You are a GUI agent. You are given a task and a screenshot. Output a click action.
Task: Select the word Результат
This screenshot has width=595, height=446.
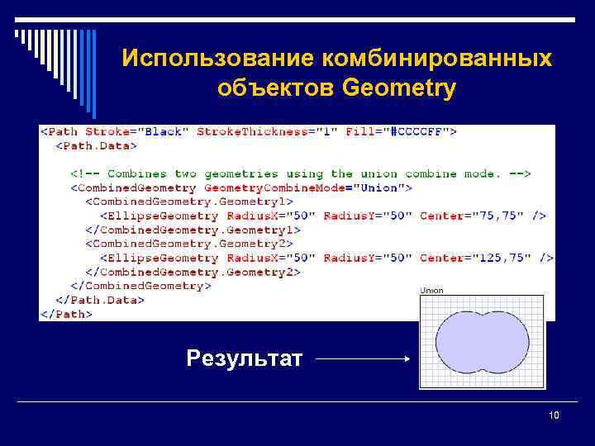[x=245, y=358]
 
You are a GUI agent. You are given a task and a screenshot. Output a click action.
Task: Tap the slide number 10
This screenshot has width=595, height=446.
[x=554, y=415]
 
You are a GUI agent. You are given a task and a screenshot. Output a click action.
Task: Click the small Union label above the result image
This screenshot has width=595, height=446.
[x=432, y=291]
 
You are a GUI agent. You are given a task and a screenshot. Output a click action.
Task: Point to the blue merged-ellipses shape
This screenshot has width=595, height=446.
[x=482, y=340]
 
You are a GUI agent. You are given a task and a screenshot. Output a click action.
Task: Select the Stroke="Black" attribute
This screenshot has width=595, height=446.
[x=137, y=131]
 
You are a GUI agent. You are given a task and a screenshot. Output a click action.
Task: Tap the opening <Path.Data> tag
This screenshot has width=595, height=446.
[x=96, y=145]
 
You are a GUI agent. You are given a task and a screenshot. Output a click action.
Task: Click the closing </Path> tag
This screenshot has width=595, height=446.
[x=67, y=314]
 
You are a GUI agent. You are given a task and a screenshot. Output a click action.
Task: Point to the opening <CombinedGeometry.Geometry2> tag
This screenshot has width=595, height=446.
[x=189, y=244]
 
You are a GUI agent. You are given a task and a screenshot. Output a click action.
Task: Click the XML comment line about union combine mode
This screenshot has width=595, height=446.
[x=300, y=173]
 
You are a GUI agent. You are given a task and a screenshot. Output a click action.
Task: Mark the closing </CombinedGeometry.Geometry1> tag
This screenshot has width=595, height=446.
[x=193, y=230]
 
